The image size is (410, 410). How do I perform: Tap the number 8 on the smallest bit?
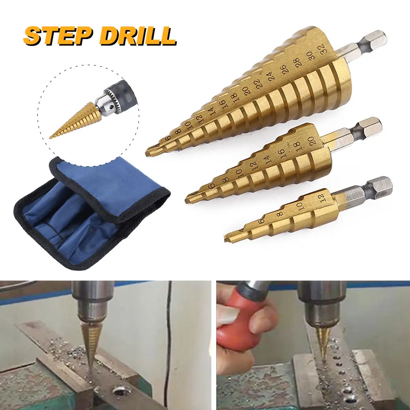[x=280, y=214]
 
